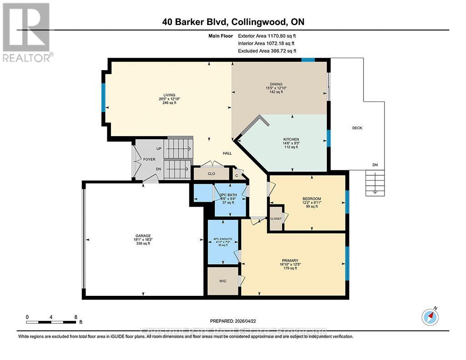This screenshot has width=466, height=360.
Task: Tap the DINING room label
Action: [x=276, y=84]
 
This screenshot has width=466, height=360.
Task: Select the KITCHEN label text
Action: [x=290, y=139]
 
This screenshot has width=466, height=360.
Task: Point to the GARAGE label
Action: [x=142, y=236]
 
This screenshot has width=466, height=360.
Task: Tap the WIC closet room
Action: [x=223, y=281]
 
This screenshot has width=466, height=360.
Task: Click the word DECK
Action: [x=357, y=128]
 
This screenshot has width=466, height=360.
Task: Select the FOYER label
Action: [x=149, y=159]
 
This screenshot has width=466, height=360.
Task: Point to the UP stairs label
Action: [x=158, y=149]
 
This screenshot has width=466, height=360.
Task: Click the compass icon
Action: [x=430, y=316]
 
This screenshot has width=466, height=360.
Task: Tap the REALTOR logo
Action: [x=26, y=32]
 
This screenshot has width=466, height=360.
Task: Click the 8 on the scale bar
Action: [x=76, y=317]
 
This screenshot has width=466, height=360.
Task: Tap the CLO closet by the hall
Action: [x=211, y=173]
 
